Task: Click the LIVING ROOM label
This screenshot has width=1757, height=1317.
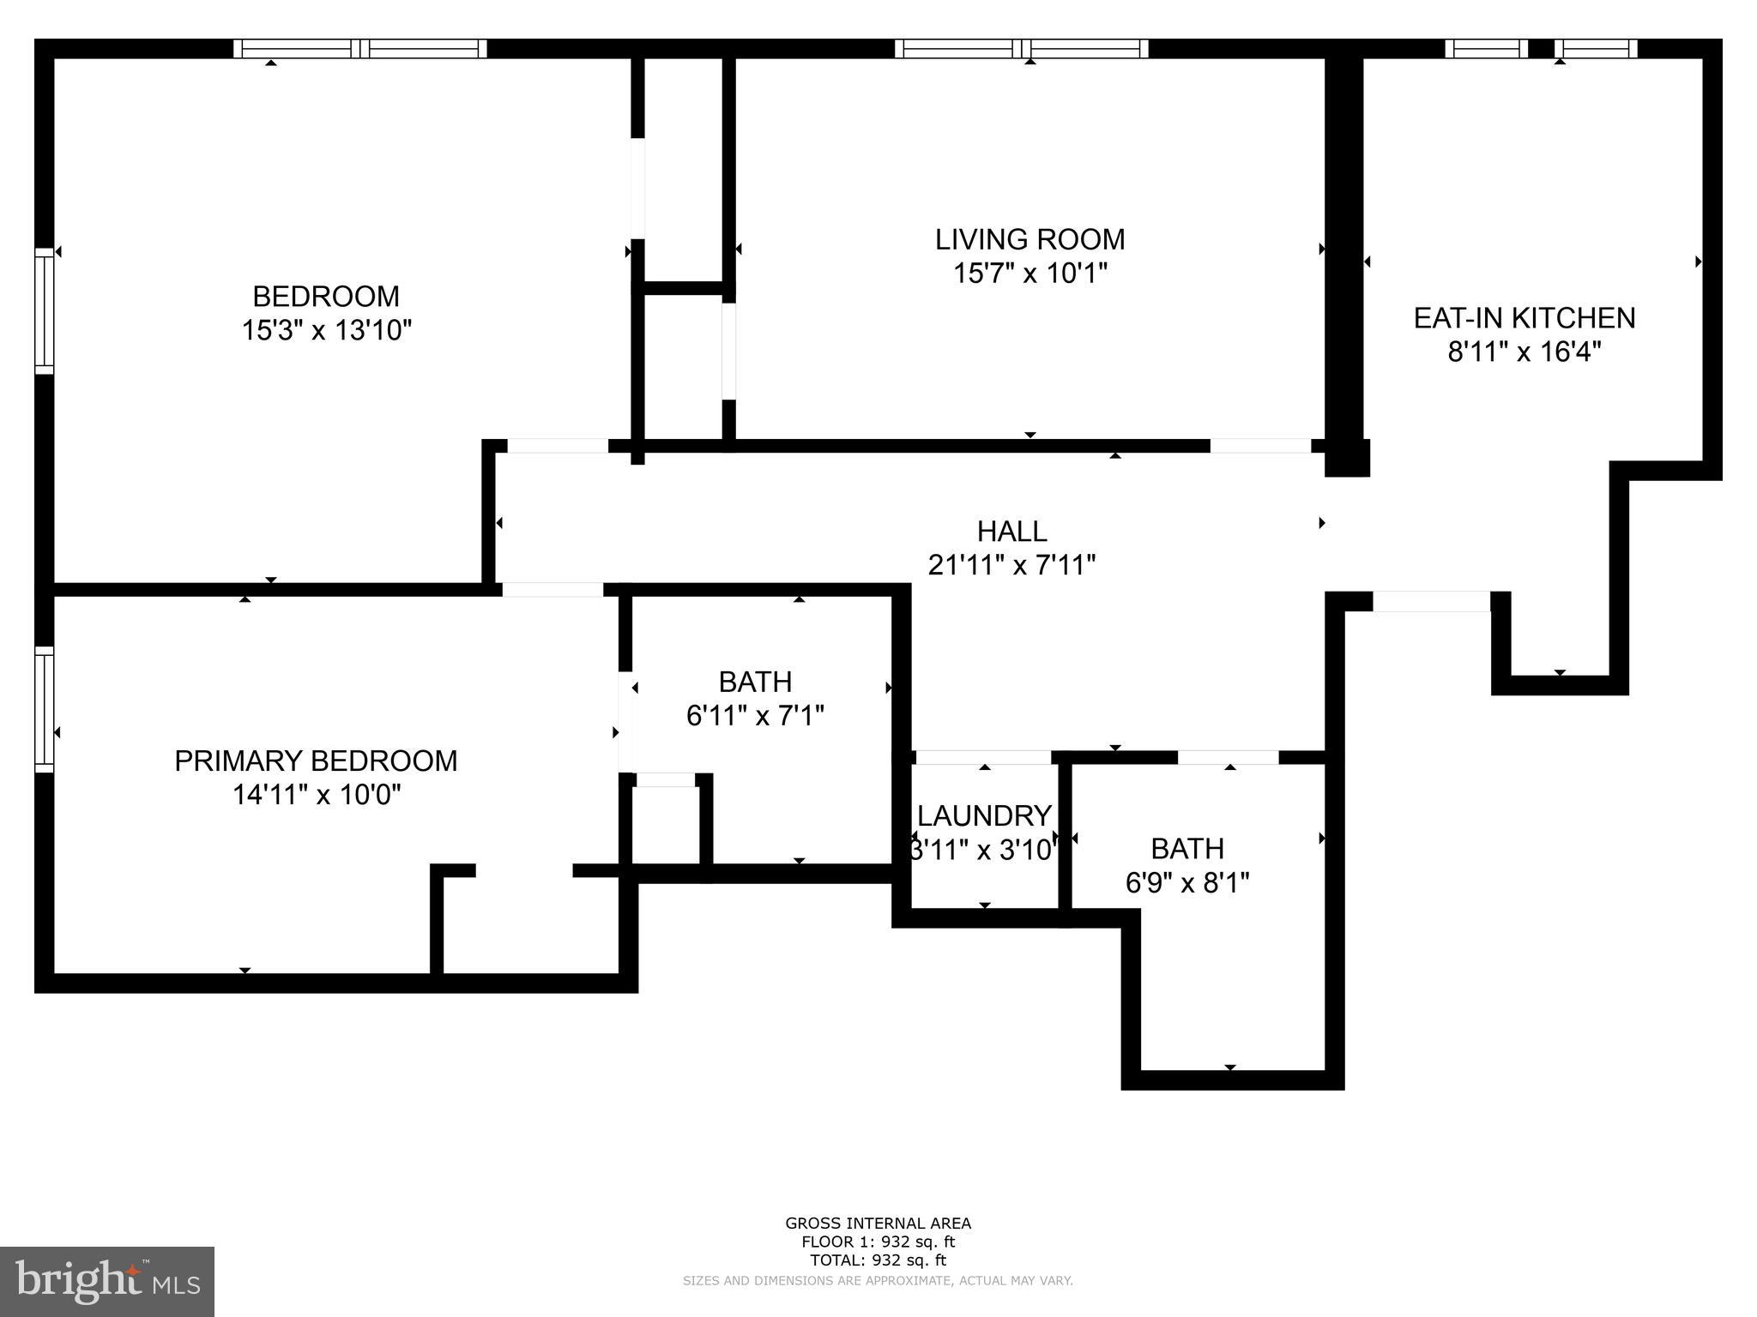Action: [x=1029, y=239]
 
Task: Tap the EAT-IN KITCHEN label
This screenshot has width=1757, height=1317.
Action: [x=1525, y=318]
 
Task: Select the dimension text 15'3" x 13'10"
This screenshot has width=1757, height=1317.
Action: [x=327, y=330]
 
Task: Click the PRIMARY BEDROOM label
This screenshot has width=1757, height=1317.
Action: [x=316, y=761]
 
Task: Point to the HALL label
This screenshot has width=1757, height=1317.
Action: [x=1012, y=532]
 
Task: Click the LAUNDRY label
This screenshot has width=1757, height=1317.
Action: [x=984, y=815]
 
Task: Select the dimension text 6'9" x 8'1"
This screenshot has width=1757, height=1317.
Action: [x=1187, y=882]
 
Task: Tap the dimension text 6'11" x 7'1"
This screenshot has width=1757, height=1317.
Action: [x=755, y=715]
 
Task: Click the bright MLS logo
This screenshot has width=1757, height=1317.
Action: [x=107, y=1281]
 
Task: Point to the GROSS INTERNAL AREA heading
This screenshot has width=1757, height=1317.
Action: [x=878, y=1224]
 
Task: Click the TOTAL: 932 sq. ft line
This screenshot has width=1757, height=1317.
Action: [x=878, y=1260]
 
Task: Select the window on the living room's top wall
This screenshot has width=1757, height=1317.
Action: [x=1021, y=49]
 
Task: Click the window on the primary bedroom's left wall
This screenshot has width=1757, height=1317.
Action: [x=44, y=708]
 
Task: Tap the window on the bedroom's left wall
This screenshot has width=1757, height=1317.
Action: [x=44, y=310]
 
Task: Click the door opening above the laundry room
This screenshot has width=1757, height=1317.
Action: [x=983, y=758]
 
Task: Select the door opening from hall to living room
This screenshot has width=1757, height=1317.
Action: [x=1260, y=446]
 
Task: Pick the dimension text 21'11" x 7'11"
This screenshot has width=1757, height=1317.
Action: [x=1012, y=565]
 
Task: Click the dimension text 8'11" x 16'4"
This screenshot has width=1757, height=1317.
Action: [x=1525, y=352]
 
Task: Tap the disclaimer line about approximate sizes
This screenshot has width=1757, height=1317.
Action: [x=878, y=1280]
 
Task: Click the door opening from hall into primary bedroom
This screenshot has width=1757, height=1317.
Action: [x=552, y=590]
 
